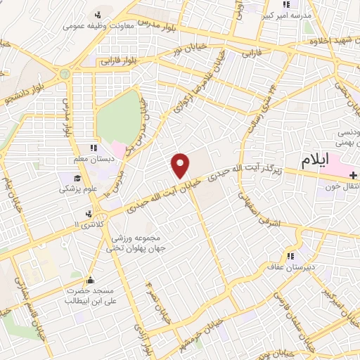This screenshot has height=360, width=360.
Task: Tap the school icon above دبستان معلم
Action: pyautogui.click(x=93, y=148)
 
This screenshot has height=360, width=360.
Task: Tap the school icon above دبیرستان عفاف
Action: pyautogui.click(x=289, y=256)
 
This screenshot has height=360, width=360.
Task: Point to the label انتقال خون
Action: pyautogui.click(x=343, y=187)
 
